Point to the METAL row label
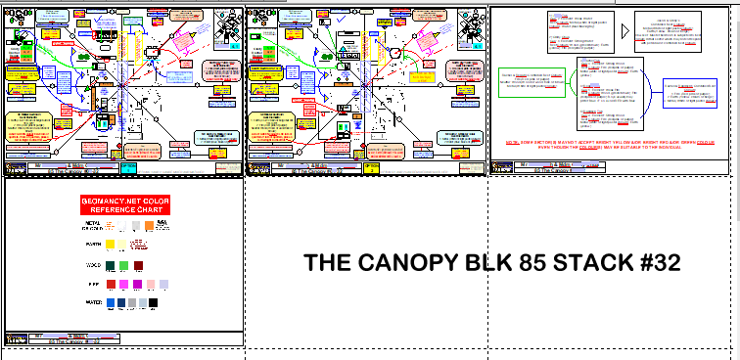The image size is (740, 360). pyautogui.click(x=93, y=225)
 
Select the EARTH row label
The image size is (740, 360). pyautogui.click(x=93, y=244)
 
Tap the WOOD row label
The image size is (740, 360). pyautogui.click(x=93, y=264)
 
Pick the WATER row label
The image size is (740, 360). pyautogui.click(x=93, y=303)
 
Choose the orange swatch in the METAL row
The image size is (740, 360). pyautogui.click(x=150, y=225)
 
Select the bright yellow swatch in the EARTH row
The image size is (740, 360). pyautogui.click(x=111, y=244)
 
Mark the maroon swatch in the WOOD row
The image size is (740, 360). pyautogui.click(x=138, y=264)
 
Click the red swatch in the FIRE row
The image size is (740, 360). pyautogui.click(x=111, y=284)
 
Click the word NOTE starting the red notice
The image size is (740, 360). pyautogui.click(x=511, y=144)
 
